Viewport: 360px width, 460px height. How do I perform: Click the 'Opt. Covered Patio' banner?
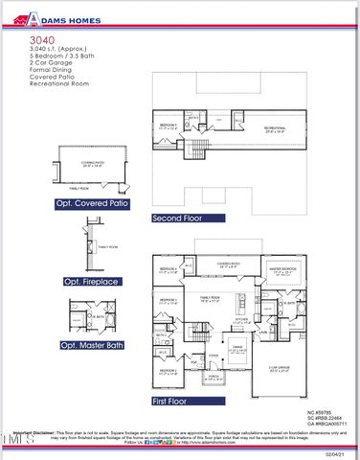coord(94,204)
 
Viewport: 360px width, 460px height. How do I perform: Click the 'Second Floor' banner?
coord(180,218)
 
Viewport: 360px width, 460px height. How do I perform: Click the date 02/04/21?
coord(336,454)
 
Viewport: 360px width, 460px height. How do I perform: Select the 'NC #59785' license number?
coord(325,411)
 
